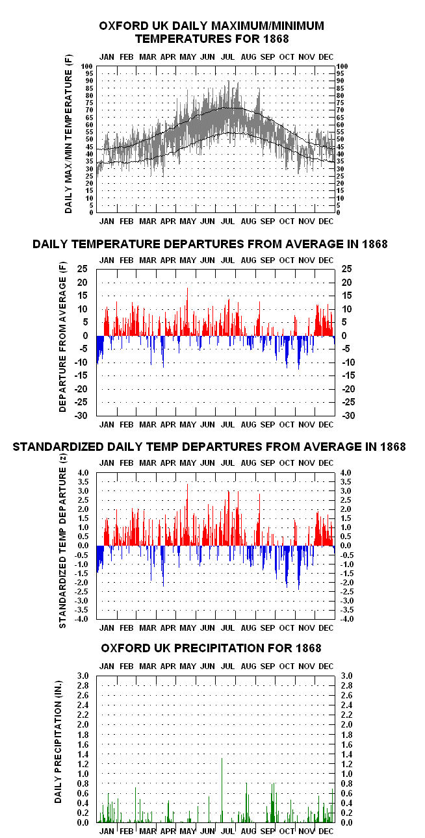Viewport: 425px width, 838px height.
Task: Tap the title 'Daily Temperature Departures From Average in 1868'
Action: [x=210, y=244]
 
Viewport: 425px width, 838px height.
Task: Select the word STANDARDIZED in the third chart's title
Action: [x=58, y=447]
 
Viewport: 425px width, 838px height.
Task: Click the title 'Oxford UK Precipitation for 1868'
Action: [x=211, y=648]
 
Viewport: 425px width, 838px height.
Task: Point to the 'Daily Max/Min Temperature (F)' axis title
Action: [x=68, y=134]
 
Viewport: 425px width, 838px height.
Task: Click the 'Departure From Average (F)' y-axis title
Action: [x=62, y=336]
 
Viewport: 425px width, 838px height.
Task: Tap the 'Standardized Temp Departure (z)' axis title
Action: [x=62, y=540]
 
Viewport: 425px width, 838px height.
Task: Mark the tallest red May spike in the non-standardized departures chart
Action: [x=187, y=311]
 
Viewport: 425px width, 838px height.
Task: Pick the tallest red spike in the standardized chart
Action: [x=187, y=514]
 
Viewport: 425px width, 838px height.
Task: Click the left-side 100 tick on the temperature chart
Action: [x=87, y=66]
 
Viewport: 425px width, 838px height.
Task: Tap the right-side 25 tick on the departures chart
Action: [x=347, y=268]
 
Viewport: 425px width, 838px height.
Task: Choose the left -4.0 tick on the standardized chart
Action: [x=83, y=619]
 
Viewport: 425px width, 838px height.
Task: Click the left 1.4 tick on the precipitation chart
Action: [x=83, y=754]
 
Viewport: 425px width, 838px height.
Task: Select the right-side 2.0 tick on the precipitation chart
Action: [x=346, y=725]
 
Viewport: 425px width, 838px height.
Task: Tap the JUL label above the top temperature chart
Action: [x=227, y=57]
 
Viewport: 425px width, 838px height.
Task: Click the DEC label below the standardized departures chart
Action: [x=326, y=628]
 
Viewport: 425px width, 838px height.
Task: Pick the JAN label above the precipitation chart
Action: [x=107, y=667]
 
